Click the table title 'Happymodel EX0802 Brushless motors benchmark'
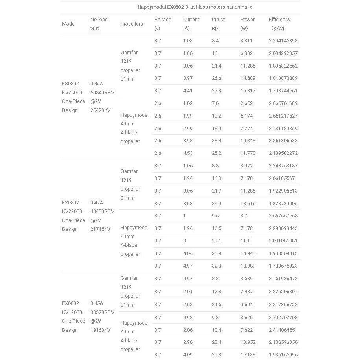point(195,7)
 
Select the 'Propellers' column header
point(132,24)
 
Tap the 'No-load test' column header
point(99,24)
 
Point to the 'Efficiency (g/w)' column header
point(279,24)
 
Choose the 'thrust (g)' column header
point(218,24)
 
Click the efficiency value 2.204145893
point(283,41)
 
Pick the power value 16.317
point(248,91)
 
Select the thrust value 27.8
point(217,91)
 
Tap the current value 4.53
point(188,153)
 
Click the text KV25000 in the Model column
point(72,93)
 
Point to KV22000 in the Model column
point(72,211)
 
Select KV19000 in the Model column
point(72,312)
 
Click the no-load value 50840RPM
point(102,93)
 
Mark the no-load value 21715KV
point(100,229)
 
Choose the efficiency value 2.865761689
point(283,103)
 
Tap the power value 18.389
point(248,266)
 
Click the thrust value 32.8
point(217,266)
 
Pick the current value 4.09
point(188,355)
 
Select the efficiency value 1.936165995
point(283,355)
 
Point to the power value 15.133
point(248,355)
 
